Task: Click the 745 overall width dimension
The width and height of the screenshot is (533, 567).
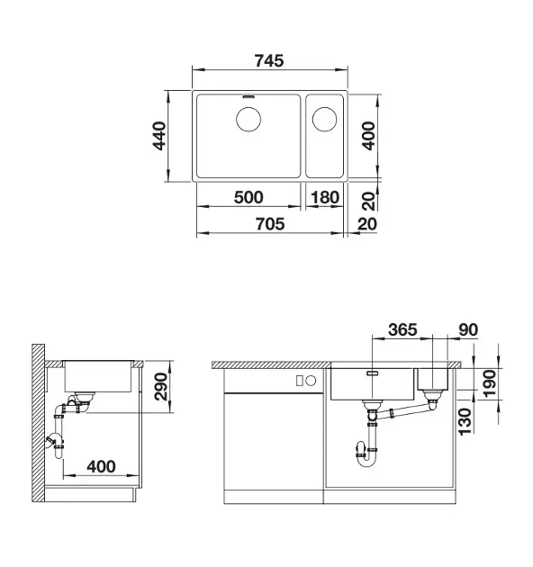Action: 269,61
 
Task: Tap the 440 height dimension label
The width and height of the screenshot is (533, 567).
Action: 159,136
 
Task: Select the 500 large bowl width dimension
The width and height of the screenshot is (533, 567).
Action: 248,197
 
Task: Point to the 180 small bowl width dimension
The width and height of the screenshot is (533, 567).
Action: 325,197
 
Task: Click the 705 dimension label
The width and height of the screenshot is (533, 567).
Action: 270,224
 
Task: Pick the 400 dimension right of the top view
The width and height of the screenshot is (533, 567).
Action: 369,136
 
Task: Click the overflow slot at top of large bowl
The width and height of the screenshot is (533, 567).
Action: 248,97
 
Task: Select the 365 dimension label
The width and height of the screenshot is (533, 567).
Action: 402,329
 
